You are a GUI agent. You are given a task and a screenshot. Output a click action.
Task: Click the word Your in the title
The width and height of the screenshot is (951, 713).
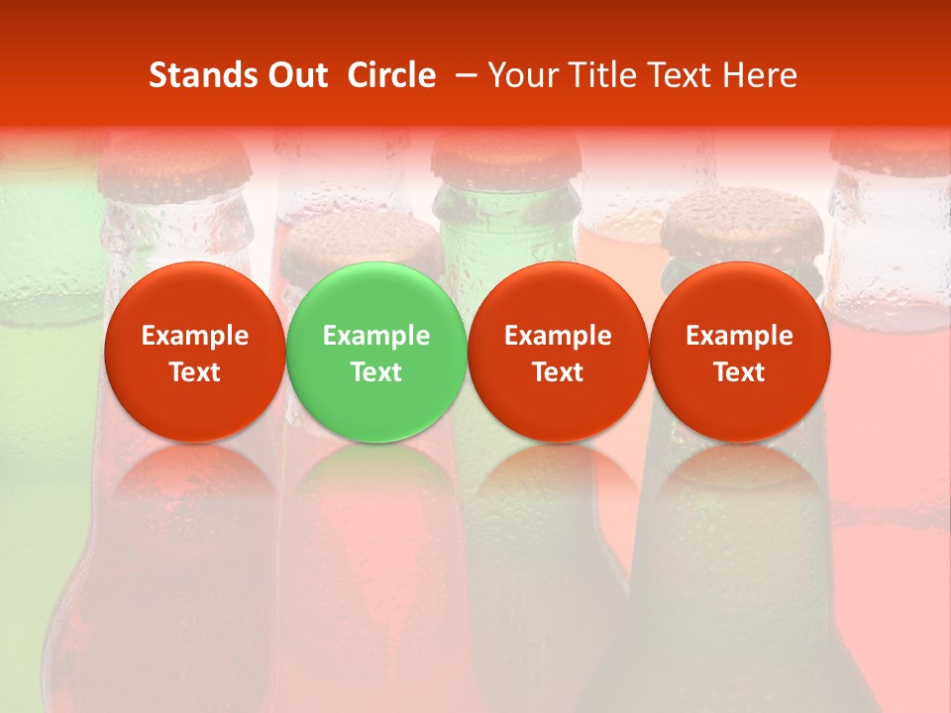coord(525,75)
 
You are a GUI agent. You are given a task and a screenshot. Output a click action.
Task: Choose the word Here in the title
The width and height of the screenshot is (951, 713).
coord(759,75)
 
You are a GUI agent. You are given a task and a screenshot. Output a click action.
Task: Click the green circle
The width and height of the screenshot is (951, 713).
coord(376,352)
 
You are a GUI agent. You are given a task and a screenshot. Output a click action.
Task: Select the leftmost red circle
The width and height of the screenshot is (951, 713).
coord(195,352)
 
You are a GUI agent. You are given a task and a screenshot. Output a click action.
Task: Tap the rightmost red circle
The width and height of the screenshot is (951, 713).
coord(739,352)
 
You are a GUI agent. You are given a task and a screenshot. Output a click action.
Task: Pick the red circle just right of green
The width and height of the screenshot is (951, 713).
coord(558,352)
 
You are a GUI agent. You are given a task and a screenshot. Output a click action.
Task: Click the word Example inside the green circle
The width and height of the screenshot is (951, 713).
coord(376,336)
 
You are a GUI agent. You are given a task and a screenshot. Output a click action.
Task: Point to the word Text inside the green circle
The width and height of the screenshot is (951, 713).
coord(376,372)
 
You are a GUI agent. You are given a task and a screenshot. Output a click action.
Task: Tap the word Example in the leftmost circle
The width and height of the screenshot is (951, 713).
coord(195,336)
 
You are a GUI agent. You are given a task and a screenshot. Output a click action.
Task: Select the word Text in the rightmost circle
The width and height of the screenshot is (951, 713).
coord(739,372)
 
